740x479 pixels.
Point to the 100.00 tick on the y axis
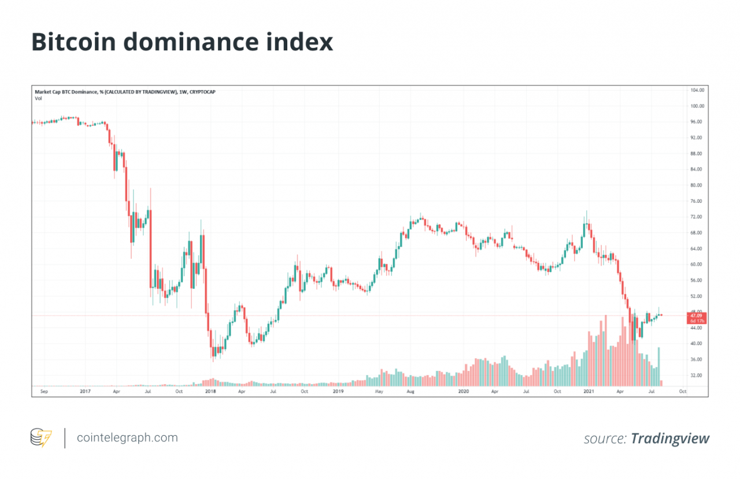point(697,106)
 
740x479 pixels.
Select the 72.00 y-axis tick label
point(696,217)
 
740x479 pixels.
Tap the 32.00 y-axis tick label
point(696,375)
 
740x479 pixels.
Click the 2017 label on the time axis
point(85,391)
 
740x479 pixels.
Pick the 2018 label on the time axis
point(210,391)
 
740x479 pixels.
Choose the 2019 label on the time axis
point(338,391)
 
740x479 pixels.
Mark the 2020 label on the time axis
point(463,391)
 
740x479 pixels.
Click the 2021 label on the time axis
point(588,391)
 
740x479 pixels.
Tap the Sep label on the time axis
point(43,391)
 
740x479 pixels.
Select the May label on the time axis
point(379,391)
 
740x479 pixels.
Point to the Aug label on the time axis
point(410,391)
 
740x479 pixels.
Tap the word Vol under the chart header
point(38,98)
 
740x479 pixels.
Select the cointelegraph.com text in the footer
point(127,438)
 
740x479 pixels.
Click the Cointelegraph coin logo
point(40,437)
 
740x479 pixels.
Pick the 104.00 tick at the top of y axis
point(697,91)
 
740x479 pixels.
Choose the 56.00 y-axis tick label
point(696,280)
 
